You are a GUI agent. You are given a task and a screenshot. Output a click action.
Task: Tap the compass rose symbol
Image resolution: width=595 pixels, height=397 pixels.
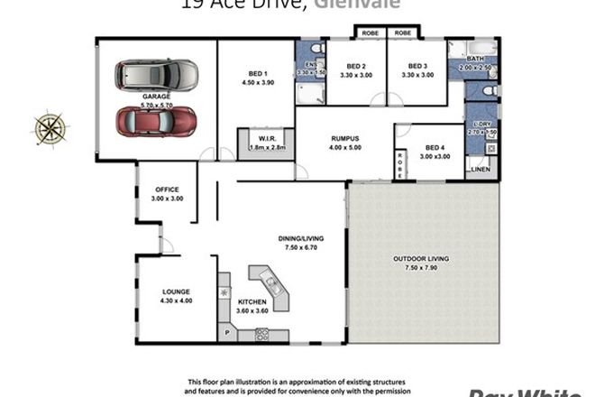(x=48, y=127)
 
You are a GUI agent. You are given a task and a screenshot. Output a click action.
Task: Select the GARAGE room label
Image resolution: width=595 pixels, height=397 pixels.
(x=157, y=96)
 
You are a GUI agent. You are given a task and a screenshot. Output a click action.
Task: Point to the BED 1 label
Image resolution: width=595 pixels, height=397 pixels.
(x=257, y=73)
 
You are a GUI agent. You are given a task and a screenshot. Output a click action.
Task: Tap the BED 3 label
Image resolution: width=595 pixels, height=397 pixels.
(x=416, y=66)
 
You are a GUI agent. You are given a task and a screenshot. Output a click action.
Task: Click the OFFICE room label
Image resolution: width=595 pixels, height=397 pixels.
(x=167, y=189)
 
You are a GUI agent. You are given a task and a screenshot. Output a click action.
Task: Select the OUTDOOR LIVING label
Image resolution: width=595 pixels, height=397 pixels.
(x=421, y=259)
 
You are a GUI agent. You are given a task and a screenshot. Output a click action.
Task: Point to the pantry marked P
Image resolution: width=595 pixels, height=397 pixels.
(x=226, y=333)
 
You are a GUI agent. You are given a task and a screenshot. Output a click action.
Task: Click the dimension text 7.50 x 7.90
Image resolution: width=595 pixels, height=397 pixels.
(x=421, y=268)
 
